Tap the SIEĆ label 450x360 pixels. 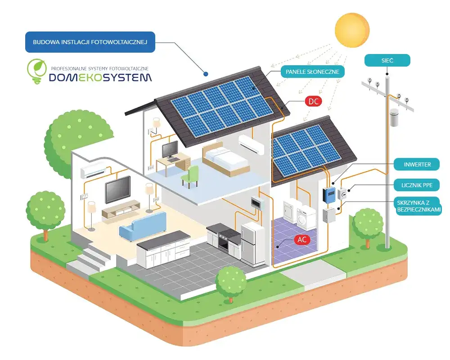tap(387, 60)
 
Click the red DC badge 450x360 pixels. tap(313, 101)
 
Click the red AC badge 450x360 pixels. tap(302, 239)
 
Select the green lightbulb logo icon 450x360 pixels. tap(36, 71)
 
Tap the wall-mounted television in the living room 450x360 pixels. tap(117, 189)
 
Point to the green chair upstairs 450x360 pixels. tap(191, 175)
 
